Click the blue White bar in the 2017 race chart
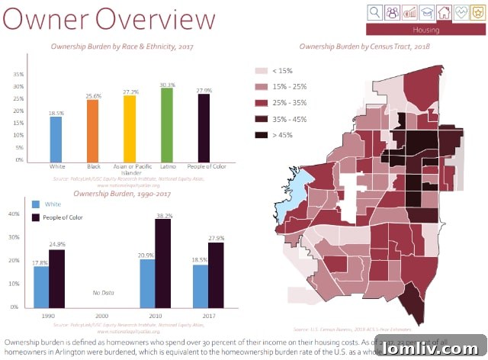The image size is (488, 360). (56, 138)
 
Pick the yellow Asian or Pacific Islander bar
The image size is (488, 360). (130, 128)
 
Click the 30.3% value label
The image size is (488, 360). (168, 85)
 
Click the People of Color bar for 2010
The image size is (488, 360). (162, 263)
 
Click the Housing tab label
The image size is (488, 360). (425, 30)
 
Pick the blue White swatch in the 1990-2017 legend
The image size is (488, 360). (36, 204)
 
